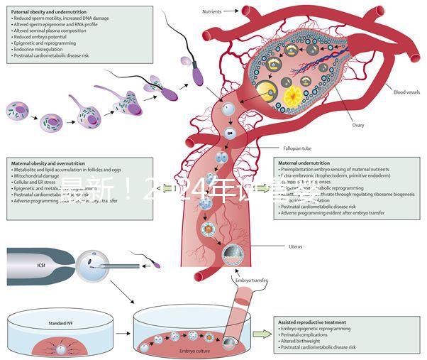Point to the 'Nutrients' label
[213, 11]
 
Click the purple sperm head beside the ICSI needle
[157, 264]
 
